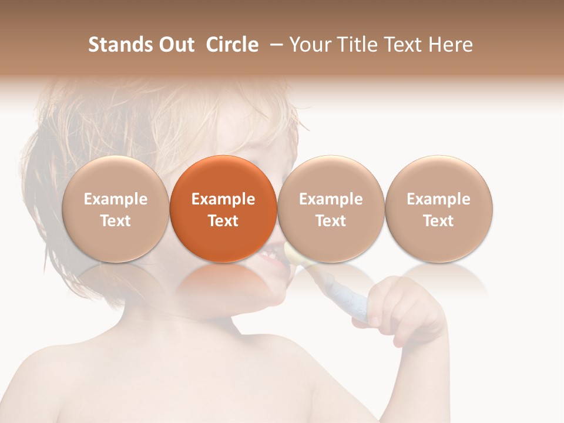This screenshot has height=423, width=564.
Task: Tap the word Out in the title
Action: coord(176,45)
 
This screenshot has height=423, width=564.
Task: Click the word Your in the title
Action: coord(309,45)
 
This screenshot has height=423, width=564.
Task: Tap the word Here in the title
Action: coord(451,45)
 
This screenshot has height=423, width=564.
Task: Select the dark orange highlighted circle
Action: coord(223,209)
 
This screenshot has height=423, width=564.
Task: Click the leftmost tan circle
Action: coord(116,209)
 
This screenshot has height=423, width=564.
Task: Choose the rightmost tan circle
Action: coord(439,209)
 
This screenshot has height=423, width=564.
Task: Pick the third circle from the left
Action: coord(331,209)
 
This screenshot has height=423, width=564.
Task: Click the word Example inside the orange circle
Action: coord(223,199)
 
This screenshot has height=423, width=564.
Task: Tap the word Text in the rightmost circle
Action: coord(439,221)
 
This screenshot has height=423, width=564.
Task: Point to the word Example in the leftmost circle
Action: coord(116,199)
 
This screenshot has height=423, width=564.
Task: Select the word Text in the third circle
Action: coord(331,221)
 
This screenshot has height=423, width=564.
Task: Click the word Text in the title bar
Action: coord(405,45)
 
